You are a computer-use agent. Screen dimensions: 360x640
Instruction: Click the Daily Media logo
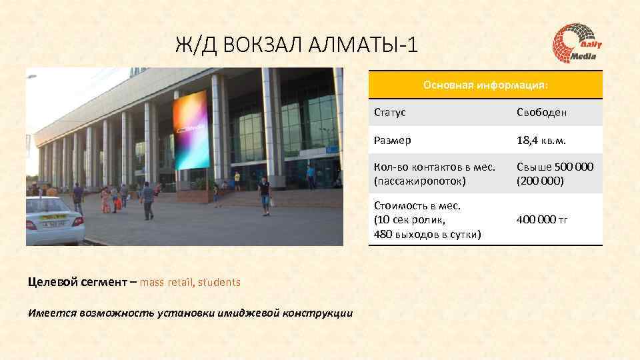577,44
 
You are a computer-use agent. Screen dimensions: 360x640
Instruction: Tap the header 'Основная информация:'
486,85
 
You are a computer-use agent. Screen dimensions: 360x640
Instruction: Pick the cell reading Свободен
541,113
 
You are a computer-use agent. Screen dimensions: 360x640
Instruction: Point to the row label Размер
393,141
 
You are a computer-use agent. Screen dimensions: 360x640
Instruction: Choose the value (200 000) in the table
540,181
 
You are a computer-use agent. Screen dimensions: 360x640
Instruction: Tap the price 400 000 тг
542,219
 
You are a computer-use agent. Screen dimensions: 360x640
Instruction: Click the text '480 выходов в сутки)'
427,233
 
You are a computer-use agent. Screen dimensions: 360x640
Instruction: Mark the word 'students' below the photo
219,282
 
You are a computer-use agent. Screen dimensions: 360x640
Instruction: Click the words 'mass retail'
166,282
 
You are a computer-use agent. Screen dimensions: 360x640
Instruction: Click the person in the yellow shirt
237,180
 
